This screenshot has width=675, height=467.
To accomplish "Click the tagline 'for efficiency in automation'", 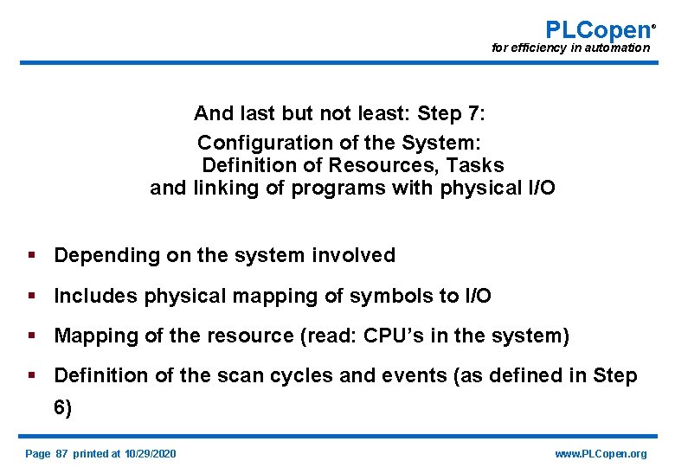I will click(x=570, y=48).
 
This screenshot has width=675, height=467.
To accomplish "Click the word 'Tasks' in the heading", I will click(x=478, y=164).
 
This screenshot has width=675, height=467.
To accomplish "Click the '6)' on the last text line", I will click(x=63, y=408).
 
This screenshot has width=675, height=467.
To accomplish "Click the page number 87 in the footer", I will click(x=61, y=454).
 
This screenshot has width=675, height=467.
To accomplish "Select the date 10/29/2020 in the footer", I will click(x=150, y=454).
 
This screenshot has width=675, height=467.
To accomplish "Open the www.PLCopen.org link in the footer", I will click(x=601, y=454).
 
